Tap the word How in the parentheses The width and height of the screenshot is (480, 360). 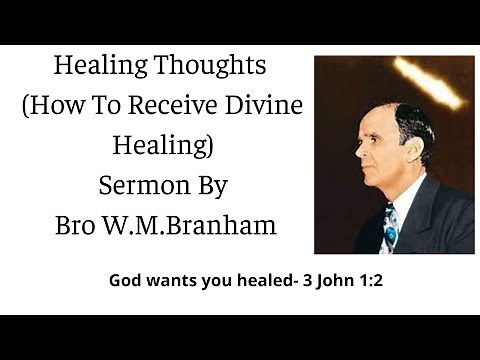click(80, 107)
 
